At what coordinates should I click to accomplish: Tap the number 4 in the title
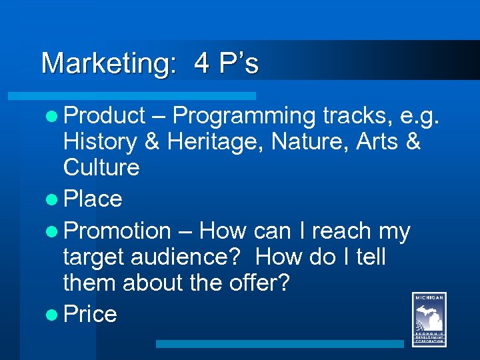pyautogui.click(x=202, y=63)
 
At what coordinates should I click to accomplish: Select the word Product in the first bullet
pyautogui.click(x=105, y=116)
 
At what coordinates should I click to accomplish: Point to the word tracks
pyautogui.click(x=357, y=116)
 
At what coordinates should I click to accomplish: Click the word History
pyautogui.click(x=100, y=141)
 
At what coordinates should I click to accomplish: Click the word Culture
pyautogui.click(x=101, y=167)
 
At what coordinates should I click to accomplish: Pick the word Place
pyautogui.click(x=93, y=199)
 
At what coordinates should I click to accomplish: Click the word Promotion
pyautogui.click(x=118, y=231)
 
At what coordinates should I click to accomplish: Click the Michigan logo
pyautogui.click(x=429, y=320)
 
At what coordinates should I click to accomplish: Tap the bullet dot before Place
pyautogui.click(x=55, y=199)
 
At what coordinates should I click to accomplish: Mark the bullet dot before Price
pyautogui.click(x=55, y=314)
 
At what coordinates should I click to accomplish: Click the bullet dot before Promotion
pyautogui.click(x=55, y=231)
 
